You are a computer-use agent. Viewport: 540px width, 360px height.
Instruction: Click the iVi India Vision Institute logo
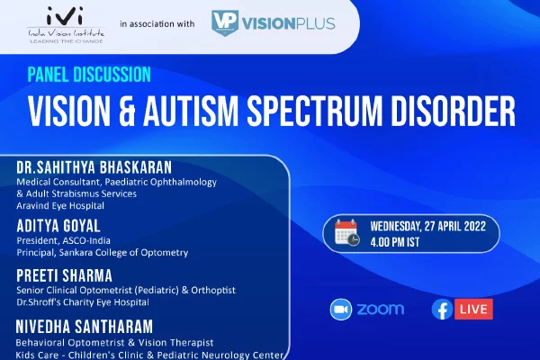point(66,25)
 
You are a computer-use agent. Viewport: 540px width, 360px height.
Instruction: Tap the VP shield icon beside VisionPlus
point(225,22)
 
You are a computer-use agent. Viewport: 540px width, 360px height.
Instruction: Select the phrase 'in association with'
point(157,23)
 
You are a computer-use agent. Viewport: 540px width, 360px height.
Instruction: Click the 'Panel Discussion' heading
point(89,75)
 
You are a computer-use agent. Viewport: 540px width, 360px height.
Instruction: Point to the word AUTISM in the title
point(191,112)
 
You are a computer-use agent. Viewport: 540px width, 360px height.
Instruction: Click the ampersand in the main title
point(127,112)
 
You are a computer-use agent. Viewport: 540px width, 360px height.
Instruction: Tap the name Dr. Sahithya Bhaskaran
point(94,167)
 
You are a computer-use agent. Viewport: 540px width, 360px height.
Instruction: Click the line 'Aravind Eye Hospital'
point(60,206)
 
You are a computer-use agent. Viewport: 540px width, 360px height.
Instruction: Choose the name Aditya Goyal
point(58,226)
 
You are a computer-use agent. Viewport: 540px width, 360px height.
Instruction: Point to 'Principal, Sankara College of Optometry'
point(103,253)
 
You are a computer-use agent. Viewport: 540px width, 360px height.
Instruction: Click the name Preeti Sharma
point(65,275)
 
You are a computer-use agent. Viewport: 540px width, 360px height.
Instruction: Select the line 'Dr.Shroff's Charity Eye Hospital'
point(83,302)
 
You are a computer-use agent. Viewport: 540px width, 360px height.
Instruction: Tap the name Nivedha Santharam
point(85,327)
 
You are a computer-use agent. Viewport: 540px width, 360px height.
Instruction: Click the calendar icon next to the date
point(347,233)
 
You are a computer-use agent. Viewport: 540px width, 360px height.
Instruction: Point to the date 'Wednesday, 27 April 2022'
point(428,226)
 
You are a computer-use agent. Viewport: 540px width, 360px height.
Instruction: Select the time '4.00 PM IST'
point(395,242)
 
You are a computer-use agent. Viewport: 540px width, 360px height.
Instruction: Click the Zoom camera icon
point(341,310)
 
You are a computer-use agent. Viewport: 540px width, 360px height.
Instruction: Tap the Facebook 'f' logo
point(443,310)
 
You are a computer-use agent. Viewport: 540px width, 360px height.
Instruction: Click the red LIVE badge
point(473,309)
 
